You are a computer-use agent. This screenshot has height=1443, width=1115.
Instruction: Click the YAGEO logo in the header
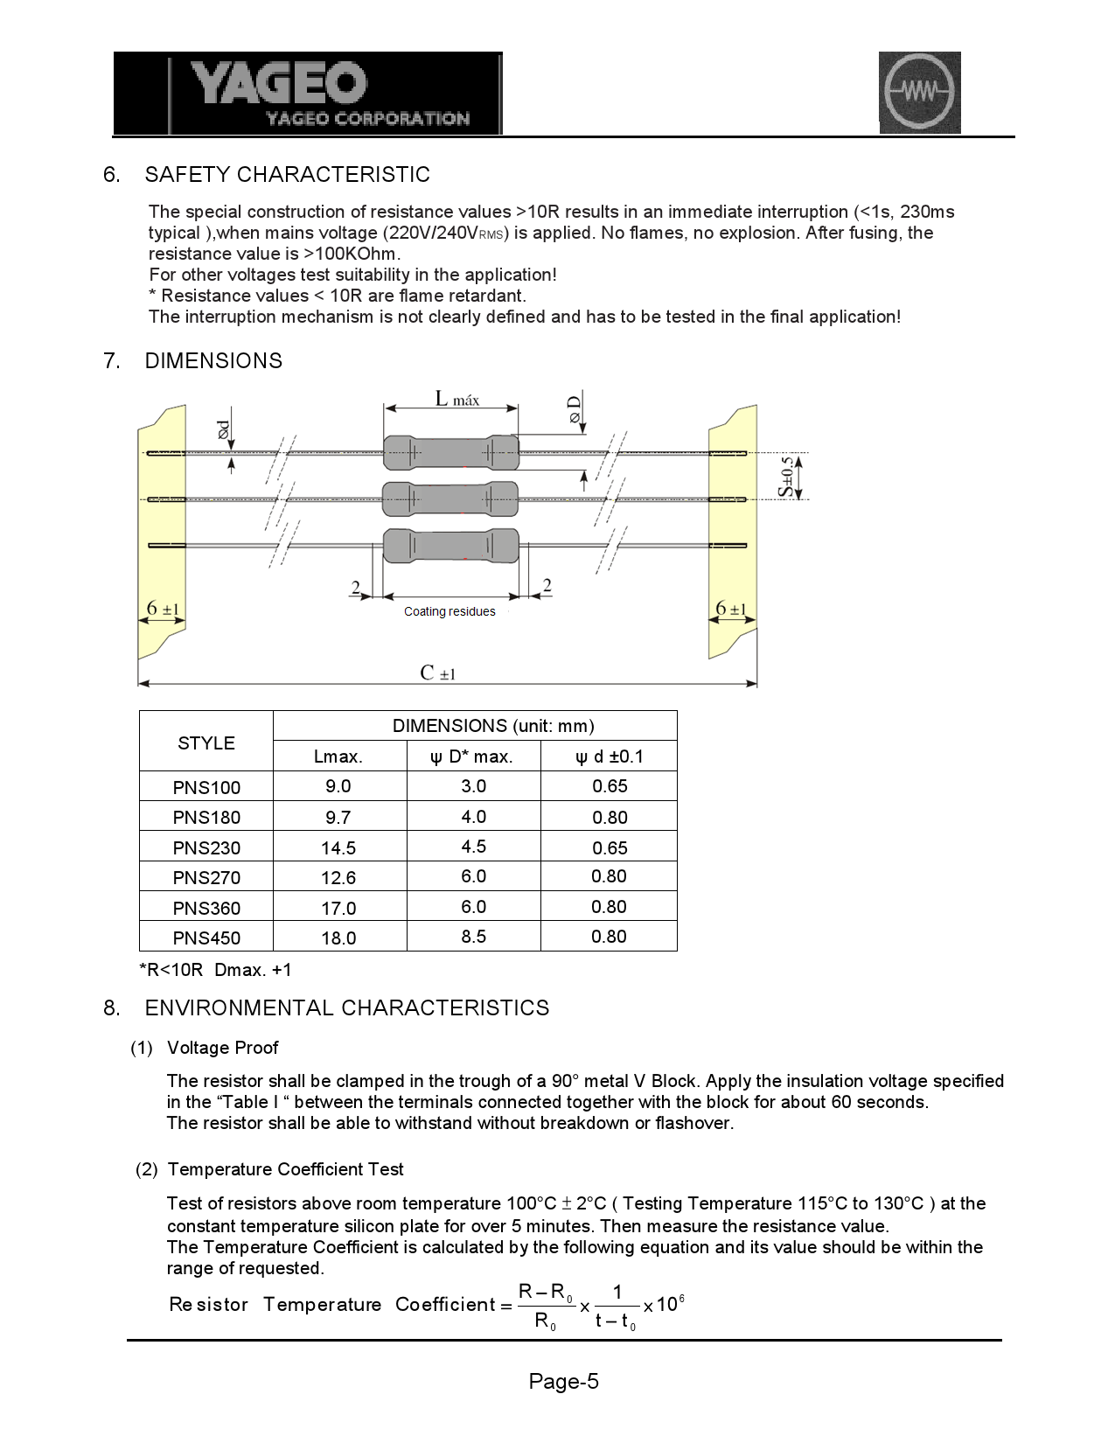308,93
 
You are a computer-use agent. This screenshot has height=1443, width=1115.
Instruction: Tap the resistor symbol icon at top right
919,92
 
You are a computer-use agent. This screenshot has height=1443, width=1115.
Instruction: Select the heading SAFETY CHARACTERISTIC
288,175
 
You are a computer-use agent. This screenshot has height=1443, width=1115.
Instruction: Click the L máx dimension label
456,400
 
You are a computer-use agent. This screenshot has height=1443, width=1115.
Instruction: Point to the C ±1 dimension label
437,673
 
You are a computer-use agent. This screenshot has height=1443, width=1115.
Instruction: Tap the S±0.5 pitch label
788,476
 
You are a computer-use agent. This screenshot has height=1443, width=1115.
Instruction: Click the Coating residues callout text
449,611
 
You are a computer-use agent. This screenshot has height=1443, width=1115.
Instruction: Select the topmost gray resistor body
450,452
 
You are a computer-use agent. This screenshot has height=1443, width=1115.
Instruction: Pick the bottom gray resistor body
450,546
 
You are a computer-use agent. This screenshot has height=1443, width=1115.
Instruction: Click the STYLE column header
206,742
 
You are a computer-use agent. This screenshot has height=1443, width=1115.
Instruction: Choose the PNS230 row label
206,847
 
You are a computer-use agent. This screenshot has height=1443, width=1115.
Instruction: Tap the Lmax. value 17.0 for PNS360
338,908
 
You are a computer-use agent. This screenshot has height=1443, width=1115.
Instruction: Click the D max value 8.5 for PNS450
473,937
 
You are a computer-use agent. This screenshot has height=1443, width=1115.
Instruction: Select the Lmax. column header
338,756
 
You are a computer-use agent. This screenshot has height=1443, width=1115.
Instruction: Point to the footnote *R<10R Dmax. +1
215,970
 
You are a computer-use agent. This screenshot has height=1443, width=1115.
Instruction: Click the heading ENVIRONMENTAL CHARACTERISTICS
347,1008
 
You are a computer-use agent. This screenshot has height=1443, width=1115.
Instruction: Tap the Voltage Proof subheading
222,1048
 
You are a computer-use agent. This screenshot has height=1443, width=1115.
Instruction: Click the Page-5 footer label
563,1382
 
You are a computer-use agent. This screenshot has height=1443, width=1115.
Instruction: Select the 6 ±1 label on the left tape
163,609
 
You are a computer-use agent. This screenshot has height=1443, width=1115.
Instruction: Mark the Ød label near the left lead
224,429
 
